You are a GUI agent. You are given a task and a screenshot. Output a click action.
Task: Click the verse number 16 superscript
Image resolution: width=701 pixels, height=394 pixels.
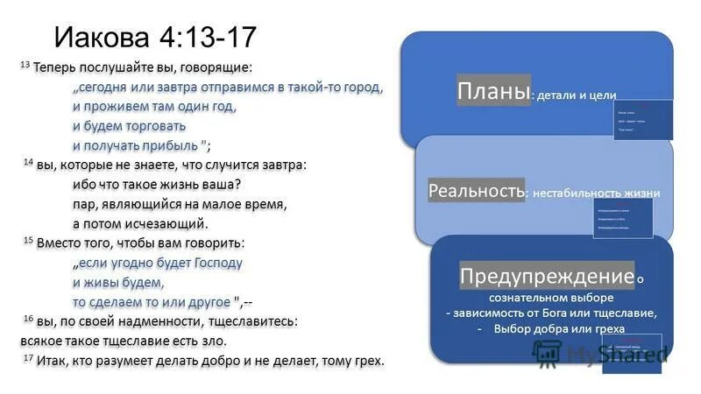tap(27, 318)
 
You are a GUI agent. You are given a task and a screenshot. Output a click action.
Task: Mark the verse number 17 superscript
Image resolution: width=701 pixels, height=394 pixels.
tap(27, 358)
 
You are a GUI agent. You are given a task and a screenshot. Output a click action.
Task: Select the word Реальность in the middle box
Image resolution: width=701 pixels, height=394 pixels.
tap(477, 190)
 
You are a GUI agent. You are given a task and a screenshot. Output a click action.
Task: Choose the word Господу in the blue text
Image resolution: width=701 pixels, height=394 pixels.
tap(212, 263)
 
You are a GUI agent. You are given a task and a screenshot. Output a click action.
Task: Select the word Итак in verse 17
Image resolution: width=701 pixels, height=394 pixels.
tap(51, 361)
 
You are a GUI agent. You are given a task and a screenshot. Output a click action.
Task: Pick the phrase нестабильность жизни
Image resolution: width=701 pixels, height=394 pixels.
tap(596, 193)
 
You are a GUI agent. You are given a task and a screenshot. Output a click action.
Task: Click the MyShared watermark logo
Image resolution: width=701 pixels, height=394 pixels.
tap(600, 352)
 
